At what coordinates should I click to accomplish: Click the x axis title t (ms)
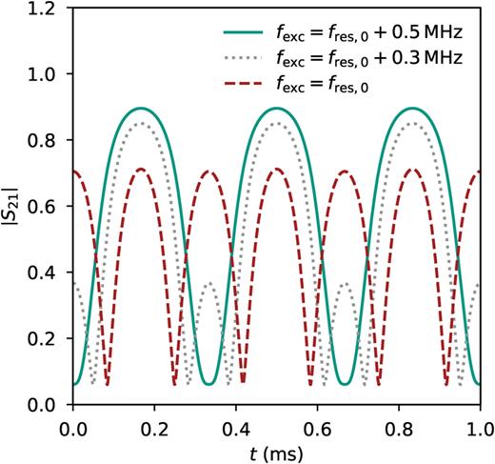click(x=276, y=449)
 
